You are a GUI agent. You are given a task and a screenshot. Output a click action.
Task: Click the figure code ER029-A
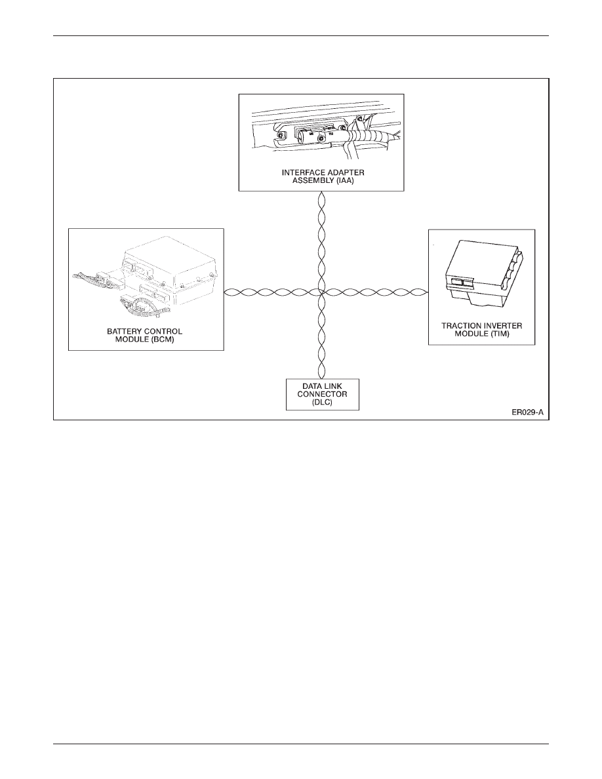[x=528, y=412]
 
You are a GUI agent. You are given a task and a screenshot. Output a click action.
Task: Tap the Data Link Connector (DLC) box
[x=323, y=395]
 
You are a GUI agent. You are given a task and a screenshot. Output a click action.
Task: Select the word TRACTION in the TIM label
[x=458, y=326]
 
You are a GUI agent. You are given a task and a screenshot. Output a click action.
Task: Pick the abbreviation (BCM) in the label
[x=163, y=339]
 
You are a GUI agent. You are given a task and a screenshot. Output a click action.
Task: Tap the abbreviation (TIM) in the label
[x=500, y=334]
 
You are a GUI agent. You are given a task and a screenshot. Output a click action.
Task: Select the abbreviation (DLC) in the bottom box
[x=323, y=403]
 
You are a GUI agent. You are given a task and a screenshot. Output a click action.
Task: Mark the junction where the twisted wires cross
[x=321, y=292]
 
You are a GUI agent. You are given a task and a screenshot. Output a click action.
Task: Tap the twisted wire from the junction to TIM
[x=375, y=292]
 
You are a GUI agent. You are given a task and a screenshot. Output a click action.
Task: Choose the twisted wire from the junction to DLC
[x=321, y=336]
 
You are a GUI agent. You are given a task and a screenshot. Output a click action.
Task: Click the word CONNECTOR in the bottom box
[x=323, y=395]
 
